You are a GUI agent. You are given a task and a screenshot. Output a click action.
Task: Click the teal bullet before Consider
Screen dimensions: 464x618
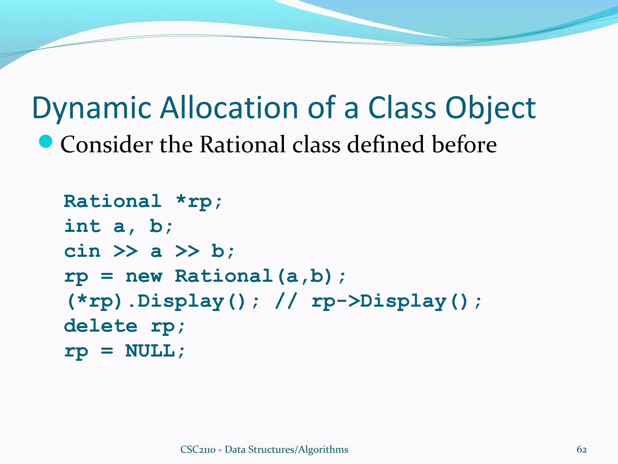(x=46, y=142)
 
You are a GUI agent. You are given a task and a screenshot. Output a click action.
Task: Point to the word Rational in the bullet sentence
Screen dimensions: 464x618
(x=242, y=144)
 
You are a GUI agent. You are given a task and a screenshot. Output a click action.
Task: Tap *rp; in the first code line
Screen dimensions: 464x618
(x=199, y=201)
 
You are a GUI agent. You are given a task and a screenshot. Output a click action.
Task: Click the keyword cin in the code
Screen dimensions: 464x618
(x=82, y=251)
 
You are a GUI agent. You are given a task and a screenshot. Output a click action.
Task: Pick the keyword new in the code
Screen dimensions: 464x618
(x=144, y=276)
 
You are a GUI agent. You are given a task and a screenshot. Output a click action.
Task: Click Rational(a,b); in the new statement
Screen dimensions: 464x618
(x=260, y=276)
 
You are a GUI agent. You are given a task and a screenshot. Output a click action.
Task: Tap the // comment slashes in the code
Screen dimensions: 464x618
(x=286, y=301)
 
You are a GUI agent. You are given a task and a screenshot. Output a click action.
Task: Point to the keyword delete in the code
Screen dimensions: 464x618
(x=100, y=326)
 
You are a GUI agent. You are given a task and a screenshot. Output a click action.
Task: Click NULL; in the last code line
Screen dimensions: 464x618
(x=155, y=351)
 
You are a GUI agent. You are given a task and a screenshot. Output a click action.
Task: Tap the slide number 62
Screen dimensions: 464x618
(x=581, y=449)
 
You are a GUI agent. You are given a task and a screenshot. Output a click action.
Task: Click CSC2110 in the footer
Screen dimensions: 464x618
(x=198, y=449)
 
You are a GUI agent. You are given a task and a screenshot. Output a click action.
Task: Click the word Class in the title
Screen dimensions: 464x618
(x=402, y=108)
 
